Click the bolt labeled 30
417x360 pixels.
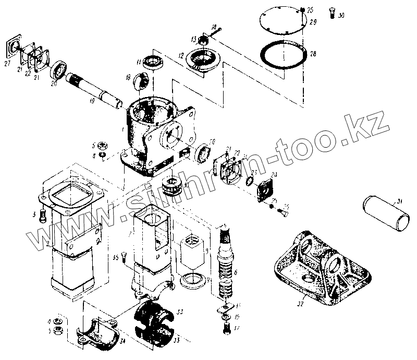[333, 14]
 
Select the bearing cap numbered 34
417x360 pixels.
[99, 332]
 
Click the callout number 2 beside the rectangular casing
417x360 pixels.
[47, 244]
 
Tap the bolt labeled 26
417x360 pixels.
[284, 213]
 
